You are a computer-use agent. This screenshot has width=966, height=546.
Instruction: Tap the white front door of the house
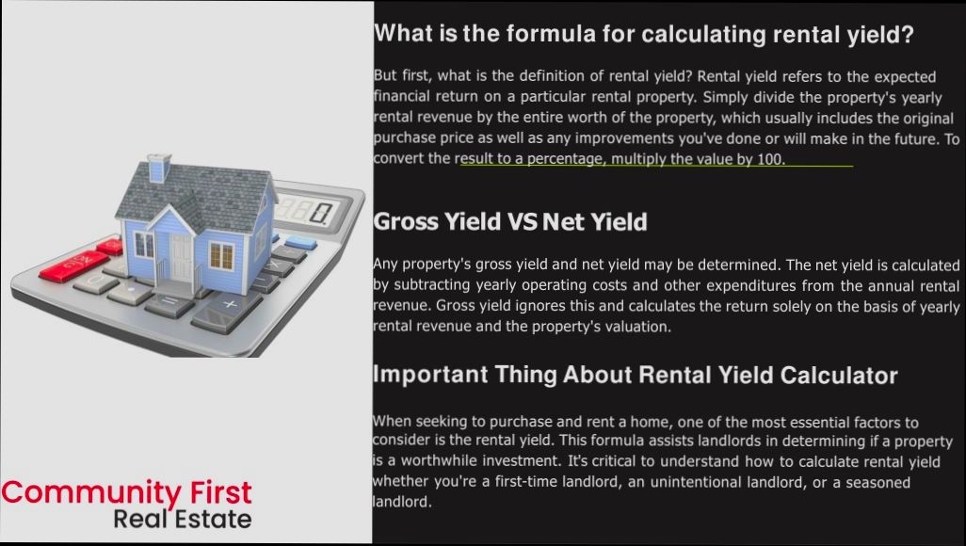179,255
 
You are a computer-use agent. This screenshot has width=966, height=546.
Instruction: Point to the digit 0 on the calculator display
323,212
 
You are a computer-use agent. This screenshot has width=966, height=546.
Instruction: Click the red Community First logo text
127,492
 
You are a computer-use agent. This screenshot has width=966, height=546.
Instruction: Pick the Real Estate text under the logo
182,519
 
